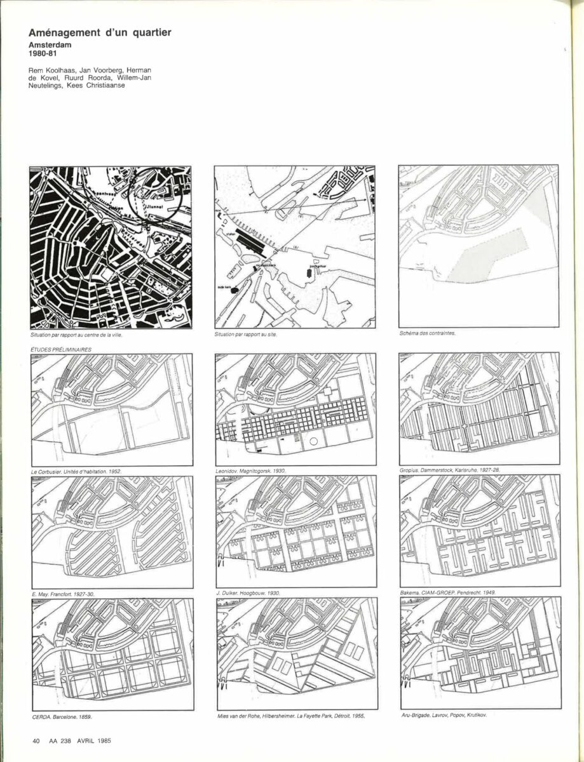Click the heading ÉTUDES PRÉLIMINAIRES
click(60, 349)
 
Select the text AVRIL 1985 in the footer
click(95, 740)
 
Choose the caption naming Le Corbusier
click(76, 471)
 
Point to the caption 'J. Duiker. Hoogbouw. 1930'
click(248, 593)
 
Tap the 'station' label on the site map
click(231, 234)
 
